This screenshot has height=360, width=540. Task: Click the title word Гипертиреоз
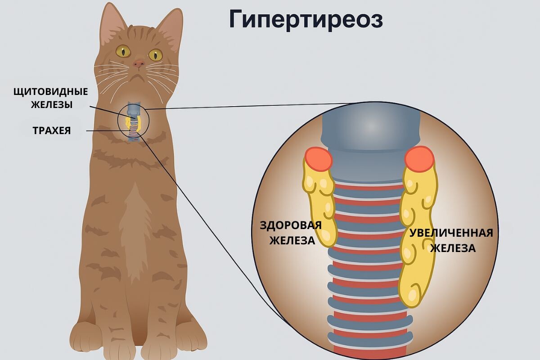[x=306, y=19]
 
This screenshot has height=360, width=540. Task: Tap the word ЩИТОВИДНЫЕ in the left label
[x=50, y=91]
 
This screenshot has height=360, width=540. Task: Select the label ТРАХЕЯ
[x=52, y=131]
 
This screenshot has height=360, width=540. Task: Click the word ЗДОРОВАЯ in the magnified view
[x=291, y=225]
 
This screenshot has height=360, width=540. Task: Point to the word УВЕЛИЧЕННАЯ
[x=451, y=233]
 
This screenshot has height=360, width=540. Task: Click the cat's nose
[x=139, y=64]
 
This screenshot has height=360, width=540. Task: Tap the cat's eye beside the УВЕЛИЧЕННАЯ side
[x=155, y=55]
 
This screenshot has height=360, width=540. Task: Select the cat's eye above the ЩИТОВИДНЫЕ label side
[x=123, y=50]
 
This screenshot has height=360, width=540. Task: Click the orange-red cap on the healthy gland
[x=318, y=159]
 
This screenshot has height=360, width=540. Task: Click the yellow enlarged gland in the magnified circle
[x=416, y=234]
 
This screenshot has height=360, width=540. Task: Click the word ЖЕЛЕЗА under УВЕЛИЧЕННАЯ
[x=453, y=248]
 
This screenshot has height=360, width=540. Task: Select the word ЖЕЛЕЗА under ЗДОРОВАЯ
[x=292, y=240]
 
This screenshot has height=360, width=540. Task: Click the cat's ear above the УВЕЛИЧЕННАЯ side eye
[x=168, y=27]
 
